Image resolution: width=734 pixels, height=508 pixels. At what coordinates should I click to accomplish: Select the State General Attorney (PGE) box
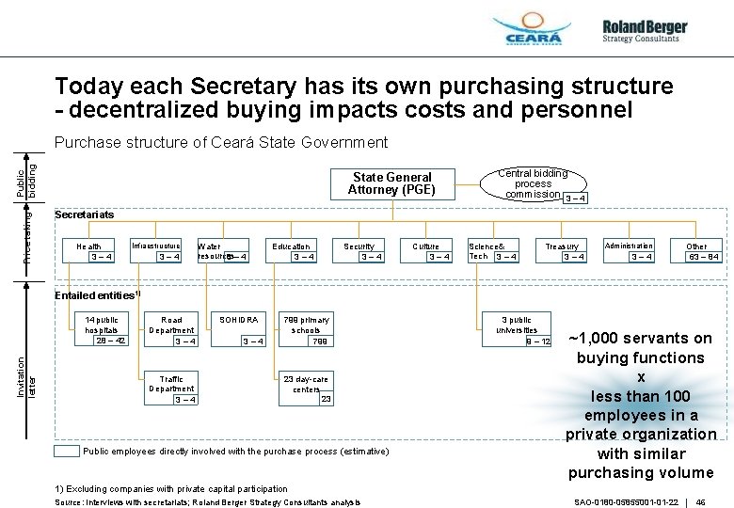tap(391, 183)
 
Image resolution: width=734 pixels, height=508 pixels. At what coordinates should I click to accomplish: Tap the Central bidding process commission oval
tap(533, 184)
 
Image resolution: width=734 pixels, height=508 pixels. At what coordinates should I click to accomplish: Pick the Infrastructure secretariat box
tap(156, 251)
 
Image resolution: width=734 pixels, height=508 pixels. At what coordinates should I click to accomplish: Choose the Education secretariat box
tap(292, 251)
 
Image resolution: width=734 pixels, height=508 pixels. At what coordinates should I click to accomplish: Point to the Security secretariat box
tap(359, 251)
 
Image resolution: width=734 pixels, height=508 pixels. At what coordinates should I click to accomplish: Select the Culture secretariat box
tap(427, 251)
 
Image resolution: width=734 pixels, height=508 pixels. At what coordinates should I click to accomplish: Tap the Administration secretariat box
tap(629, 251)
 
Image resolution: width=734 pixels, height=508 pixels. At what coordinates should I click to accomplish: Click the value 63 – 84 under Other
tap(704, 257)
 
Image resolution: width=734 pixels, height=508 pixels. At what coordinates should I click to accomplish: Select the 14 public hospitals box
tap(102, 330)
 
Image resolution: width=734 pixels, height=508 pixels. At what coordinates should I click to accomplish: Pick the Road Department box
tap(172, 330)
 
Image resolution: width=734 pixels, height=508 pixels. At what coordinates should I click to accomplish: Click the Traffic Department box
tap(172, 389)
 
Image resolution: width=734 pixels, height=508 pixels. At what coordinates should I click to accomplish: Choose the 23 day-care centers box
tap(307, 389)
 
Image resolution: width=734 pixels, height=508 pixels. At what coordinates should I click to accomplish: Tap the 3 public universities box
tap(518, 329)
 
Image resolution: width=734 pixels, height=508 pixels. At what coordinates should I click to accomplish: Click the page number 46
tap(701, 501)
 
